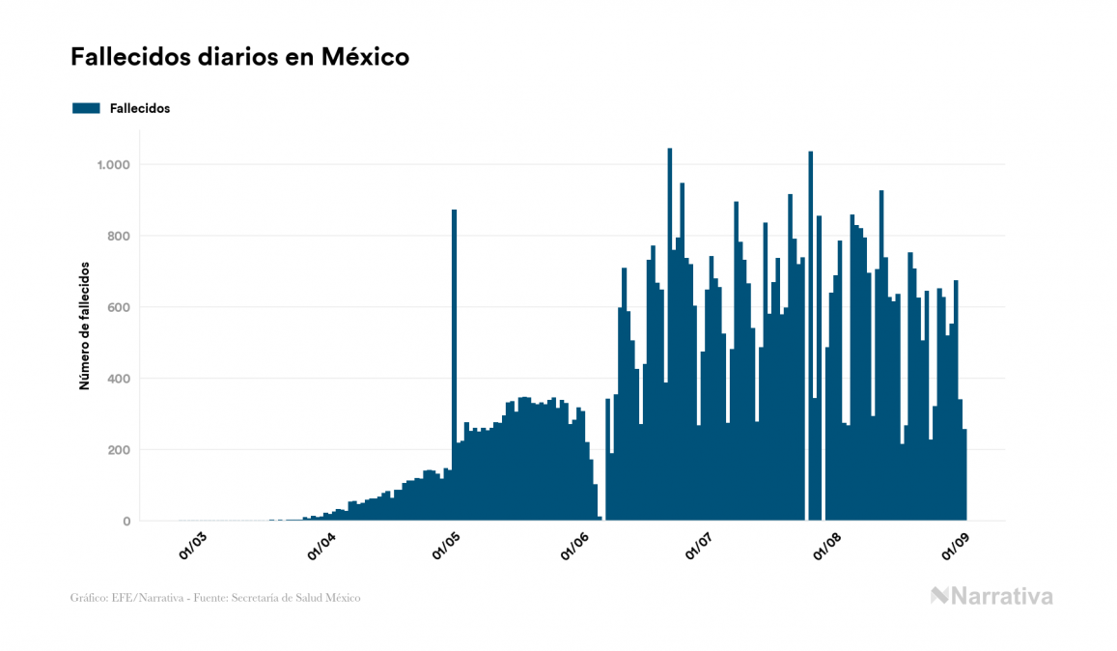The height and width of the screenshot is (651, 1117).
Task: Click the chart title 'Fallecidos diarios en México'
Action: click(239, 57)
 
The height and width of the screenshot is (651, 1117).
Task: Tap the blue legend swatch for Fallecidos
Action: click(86, 108)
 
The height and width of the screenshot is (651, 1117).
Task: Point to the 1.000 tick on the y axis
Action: click(112, 165)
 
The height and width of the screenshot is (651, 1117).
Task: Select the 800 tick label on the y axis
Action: click(118, 237)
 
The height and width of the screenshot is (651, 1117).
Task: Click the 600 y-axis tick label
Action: click(118, 307)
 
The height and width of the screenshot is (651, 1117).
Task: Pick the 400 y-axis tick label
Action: click(118, 379)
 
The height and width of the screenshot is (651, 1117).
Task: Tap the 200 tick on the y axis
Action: click(118, 450)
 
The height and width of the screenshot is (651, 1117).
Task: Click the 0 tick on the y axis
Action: click(126, 522)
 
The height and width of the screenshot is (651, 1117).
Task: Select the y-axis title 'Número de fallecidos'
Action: click(84, 325)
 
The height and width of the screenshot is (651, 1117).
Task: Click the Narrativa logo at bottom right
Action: click(991, 596)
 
